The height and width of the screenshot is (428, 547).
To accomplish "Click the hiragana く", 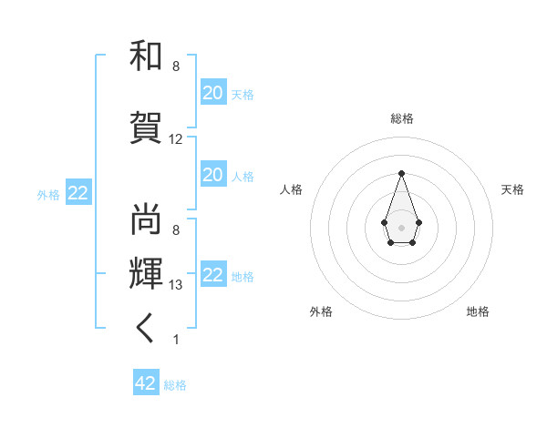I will (146, 330).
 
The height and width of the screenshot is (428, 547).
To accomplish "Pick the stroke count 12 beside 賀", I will (176, 139).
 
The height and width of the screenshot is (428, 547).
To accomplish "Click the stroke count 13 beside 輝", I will (176, 285).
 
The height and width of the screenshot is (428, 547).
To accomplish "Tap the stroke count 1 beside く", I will (175, 340).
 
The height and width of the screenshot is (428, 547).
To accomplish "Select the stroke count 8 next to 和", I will (175, 66).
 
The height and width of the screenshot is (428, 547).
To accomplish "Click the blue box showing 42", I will (146, 383).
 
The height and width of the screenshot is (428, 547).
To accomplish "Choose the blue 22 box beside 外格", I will (78, 193).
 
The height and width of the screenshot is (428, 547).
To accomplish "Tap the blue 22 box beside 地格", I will (213, 275).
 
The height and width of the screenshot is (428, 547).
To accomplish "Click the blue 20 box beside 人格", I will (213, 175).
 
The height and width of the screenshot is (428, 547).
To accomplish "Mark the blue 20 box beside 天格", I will (213, 93).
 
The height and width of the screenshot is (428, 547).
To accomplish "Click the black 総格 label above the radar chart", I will (402, 118).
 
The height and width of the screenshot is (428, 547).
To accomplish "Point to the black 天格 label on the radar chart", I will (512, 189).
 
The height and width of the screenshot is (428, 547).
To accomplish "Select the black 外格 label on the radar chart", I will (321, 311).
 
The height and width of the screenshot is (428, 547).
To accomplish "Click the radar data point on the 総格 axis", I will (401, 172).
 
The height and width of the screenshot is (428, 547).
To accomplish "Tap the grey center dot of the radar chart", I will (401, 226).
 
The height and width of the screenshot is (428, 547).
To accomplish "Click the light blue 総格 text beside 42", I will (175, 385).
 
